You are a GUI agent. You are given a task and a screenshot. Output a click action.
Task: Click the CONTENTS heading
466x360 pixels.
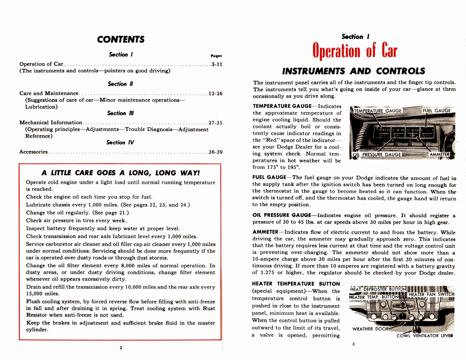point(121,40)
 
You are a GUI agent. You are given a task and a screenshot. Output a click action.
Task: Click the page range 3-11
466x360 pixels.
point(217,64)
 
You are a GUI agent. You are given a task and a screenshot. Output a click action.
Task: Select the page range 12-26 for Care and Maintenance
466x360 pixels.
point(216,93)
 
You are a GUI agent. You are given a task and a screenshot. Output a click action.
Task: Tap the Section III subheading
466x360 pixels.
point(120,113)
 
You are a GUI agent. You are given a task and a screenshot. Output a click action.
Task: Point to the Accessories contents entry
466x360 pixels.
point(33,152)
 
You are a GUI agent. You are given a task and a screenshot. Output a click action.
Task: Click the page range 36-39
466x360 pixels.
point(216,152)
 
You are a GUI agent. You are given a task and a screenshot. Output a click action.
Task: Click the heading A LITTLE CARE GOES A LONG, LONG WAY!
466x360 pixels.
point(121,173)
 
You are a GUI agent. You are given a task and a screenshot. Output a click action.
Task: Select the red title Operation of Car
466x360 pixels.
point(355,51)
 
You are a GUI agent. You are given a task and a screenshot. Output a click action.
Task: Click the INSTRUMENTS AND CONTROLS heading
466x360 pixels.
point(354,71)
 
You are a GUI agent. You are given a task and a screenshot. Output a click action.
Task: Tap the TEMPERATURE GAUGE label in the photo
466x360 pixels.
point(378,111)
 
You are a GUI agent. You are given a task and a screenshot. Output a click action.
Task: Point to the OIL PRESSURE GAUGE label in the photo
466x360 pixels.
point(377,154)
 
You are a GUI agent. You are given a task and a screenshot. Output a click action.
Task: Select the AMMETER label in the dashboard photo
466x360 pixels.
point(439,154)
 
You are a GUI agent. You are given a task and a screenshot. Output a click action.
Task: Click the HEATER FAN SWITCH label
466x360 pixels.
point(431,294)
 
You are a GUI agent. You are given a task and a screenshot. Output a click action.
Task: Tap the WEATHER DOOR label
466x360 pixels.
point(370,329)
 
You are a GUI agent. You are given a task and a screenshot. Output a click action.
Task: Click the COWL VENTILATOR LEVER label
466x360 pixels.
point(425,336)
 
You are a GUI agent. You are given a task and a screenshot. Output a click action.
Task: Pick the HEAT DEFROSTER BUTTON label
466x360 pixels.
point(378,289)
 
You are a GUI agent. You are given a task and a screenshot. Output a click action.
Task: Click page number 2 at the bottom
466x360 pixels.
point(121,348)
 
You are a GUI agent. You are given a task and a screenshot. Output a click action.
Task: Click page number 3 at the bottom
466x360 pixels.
point(353,344)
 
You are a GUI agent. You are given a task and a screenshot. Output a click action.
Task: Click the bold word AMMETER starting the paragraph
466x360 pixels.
point(265,232)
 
